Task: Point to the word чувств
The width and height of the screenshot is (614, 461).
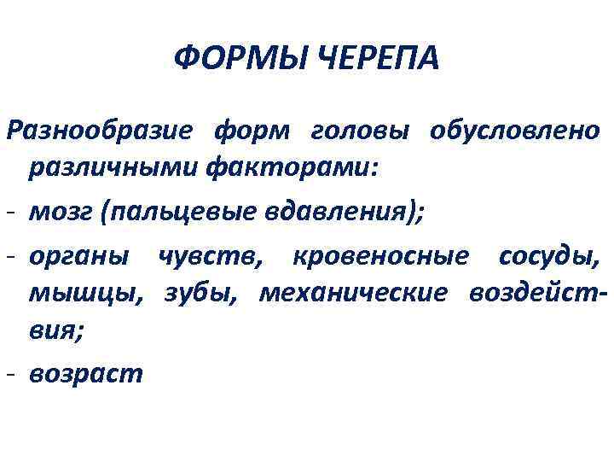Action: tap(212, 254)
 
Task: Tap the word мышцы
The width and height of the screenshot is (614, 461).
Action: tap(82, 294)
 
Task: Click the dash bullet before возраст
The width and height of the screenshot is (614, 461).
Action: tap(9, 375)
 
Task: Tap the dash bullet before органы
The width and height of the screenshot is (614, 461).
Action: tap(9, 254)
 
